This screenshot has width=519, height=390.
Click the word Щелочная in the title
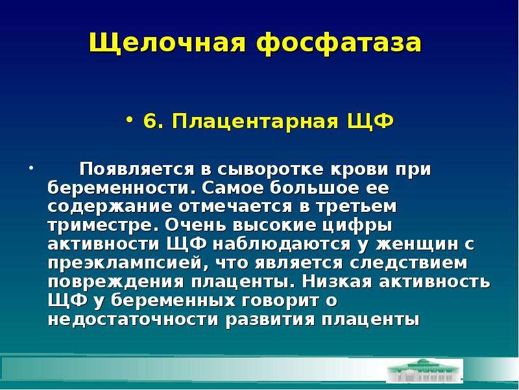pyautogui.click(x=167, y=44)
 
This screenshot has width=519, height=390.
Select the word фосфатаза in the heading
pyautogui.click(x=339, y=44)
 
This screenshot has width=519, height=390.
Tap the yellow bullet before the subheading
pyautogui.click(x=129, y=120)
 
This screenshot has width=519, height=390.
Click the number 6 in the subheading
pyautogui.click(x=151, y=121)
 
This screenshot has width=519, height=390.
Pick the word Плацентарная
pyautogui.click(x=255, y=122)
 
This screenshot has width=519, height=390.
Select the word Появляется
pyautogui.click(x=136, y=169)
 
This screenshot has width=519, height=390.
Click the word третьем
pyautogui.click(x=356, y=206)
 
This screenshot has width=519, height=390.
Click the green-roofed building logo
pyautogui.click(x=425, y=370)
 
